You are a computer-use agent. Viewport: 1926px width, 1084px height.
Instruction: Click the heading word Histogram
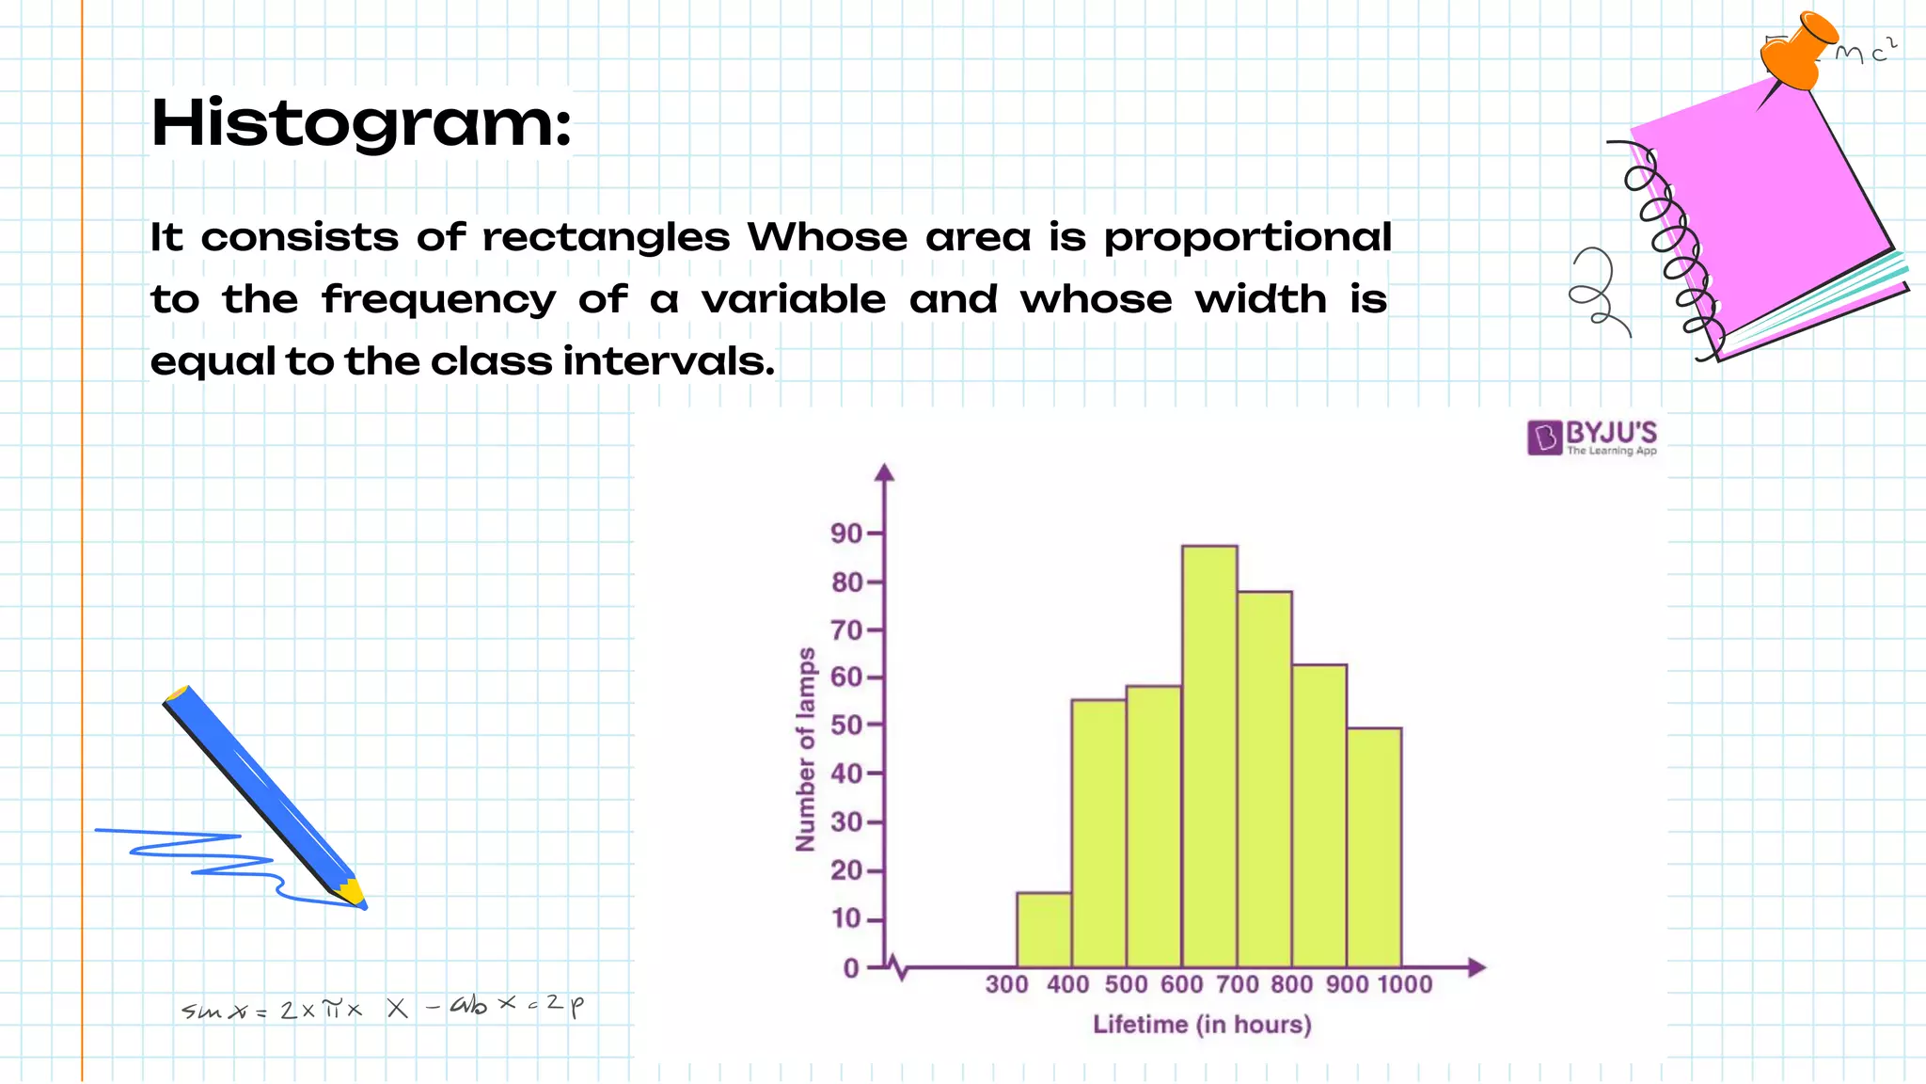click(x=361, y=123)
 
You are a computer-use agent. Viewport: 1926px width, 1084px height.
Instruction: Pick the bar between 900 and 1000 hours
click(x=1374, y=847)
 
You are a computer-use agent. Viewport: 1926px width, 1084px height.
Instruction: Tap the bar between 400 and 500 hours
click(x=1098, y=833)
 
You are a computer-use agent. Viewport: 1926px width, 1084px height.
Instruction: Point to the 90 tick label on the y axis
click(x=845, y=534)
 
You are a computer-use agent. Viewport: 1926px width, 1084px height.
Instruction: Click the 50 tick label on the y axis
click(x=845, y=725)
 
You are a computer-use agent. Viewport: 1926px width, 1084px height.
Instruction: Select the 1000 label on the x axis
click(x=1404, y=984)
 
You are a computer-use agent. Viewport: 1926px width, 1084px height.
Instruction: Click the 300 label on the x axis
click(x=1006, y=984)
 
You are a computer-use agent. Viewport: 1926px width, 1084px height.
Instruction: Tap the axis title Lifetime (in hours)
click(x=1202, y=1024)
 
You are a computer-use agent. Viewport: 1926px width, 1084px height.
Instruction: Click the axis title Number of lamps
click(x=806, y=749)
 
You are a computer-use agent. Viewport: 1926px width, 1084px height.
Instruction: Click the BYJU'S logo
click(x=1591, y=438)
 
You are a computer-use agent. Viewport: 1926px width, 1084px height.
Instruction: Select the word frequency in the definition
click(x=438, y=300)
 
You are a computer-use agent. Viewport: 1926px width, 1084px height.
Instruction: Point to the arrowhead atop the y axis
click(x=884, y=472)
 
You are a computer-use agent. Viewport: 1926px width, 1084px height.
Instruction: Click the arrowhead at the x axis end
click(x=1476, y=966)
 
